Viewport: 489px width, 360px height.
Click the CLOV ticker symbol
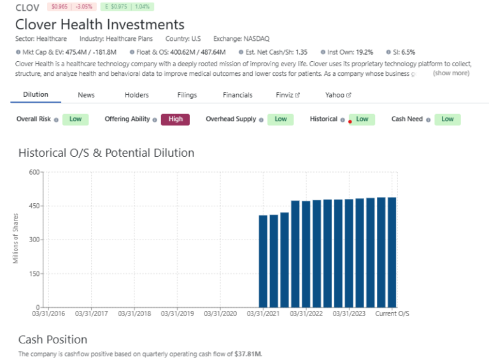tap(27, 8)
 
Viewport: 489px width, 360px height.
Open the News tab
tap(86, 95)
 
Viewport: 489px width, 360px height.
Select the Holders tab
tap(136, 95)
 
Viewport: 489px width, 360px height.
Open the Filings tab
tap(187, 95)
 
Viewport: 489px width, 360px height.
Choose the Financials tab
tap(237, 95)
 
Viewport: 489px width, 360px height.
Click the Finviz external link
tap(288, 95)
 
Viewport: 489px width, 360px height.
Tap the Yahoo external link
tap(339, 95)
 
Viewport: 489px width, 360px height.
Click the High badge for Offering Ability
tap(175, 119)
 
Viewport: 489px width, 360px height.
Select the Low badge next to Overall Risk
tap(75, 119)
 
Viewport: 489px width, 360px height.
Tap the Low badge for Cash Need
tap(448, 119)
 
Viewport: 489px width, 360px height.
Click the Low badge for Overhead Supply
tap(280, 119)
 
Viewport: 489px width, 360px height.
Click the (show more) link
tap(451, 73)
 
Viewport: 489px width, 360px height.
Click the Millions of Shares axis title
tap(15, 239)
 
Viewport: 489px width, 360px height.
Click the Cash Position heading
tap(53, 339)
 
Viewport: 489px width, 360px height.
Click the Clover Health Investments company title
tap(100, 25)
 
